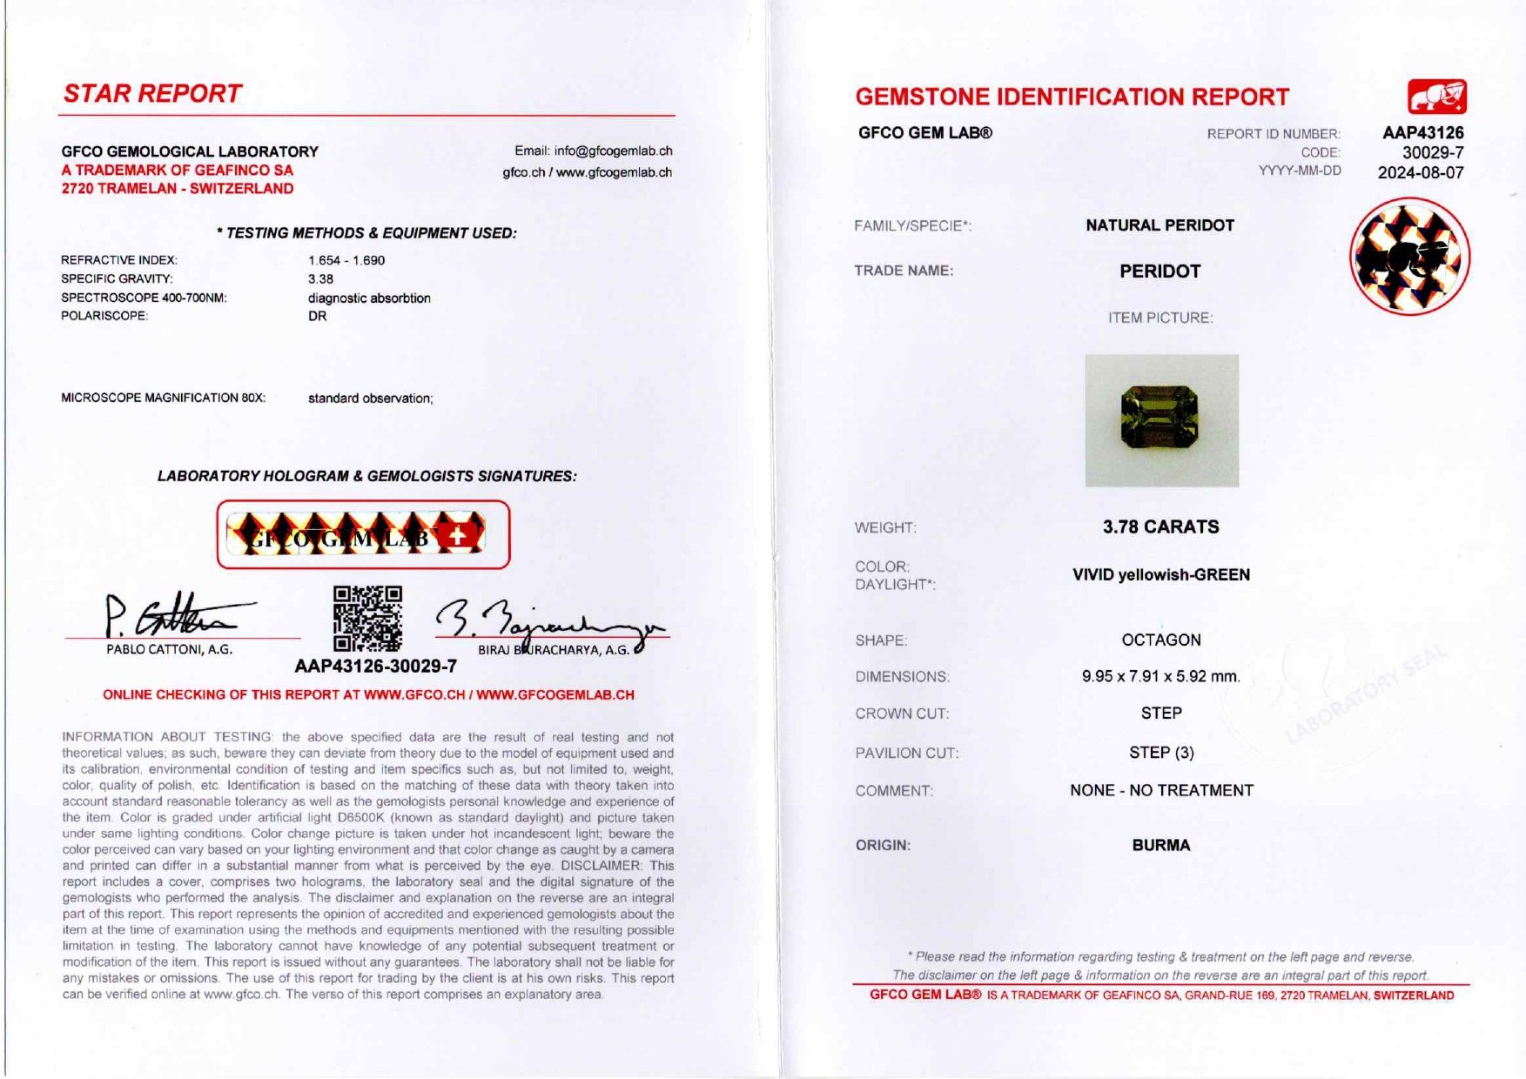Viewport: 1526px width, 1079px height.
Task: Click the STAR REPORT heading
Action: [x=152, y=93]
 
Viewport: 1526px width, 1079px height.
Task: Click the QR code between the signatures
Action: [x=367, y=618]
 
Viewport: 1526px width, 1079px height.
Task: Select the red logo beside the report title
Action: [x=1436, y=97]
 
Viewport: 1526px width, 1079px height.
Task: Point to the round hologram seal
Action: [x=1409, y=257]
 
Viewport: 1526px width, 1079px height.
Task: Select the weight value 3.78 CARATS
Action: [x=1160, y=526]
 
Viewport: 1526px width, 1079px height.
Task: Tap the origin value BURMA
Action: [x=1160, y=845]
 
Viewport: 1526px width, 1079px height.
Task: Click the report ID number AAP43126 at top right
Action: [x=1422, y=133]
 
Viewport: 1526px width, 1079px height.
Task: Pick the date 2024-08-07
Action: [x=1420, y=172]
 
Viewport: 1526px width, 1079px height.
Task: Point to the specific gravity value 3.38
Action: [x=320, y=279]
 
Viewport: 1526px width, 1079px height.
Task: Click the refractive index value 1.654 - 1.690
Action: [x=346, y=260]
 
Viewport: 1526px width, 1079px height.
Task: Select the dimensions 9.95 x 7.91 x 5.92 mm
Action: [x=1160, y=676]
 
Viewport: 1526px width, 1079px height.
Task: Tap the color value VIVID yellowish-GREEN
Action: [x=1160, y=574]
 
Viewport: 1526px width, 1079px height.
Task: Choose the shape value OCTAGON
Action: [x=1160, y=640]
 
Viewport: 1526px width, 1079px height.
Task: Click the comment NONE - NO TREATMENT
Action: [x=1161, y=790]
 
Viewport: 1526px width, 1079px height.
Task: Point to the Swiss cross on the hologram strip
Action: [x=457, y=535]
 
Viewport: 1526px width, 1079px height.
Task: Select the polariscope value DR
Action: [x=317, y=316]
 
